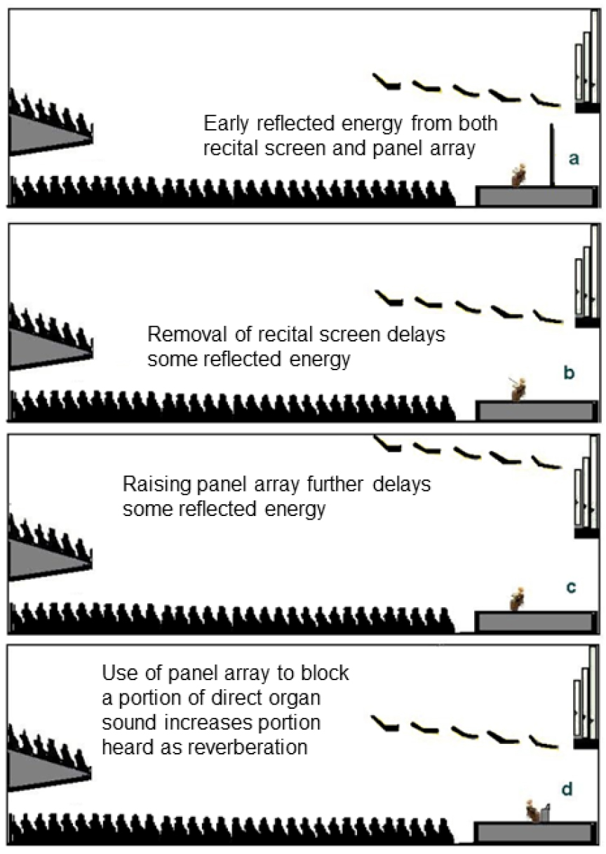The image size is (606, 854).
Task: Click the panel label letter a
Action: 574,159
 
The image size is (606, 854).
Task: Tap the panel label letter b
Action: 569,373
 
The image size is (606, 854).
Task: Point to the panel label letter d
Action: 567,790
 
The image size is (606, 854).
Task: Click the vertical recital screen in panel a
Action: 552,155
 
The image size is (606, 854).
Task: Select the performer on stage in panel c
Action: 518,598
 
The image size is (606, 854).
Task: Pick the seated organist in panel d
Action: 535,811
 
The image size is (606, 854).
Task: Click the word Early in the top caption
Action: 226,125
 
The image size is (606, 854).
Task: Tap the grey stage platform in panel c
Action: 534,621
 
